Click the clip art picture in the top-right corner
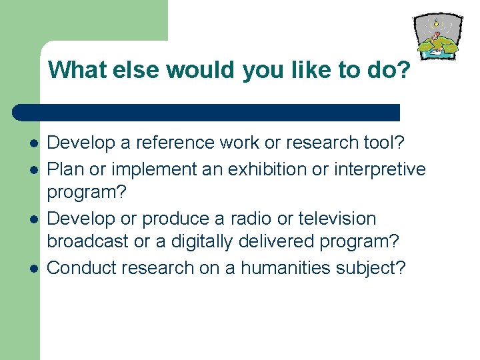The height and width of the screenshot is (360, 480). (x=438, y=37)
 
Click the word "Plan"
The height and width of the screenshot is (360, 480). (x=65, y=169)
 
